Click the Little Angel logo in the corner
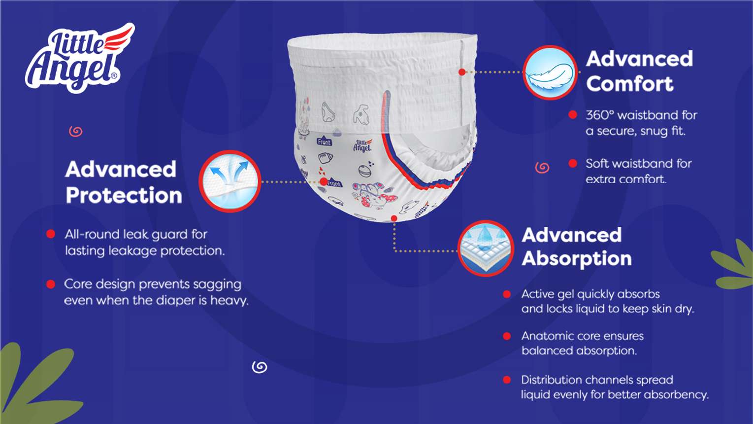click(80, 58)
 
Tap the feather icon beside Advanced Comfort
click(550, 72)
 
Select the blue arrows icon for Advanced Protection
click(230, 181)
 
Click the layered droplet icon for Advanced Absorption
click(486, 248)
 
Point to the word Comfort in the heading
click(630, 83)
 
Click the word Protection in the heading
click(124, 195)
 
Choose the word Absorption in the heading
click(577, 259)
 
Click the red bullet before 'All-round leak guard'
click(51, 234)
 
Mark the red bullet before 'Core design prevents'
click(51, 284)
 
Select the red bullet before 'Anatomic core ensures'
click(507, 336)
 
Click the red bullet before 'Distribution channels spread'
click(507, 380)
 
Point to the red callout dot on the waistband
click(462, 72)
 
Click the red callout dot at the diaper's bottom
click(394, 219)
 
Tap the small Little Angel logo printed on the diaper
click(363, 145)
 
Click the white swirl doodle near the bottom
click(260, 367)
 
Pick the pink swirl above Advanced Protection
click(76, 131)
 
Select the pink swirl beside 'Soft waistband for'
click(542, 167)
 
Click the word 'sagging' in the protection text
click(217, 284)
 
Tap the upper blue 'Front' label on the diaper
click(324, 142)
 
